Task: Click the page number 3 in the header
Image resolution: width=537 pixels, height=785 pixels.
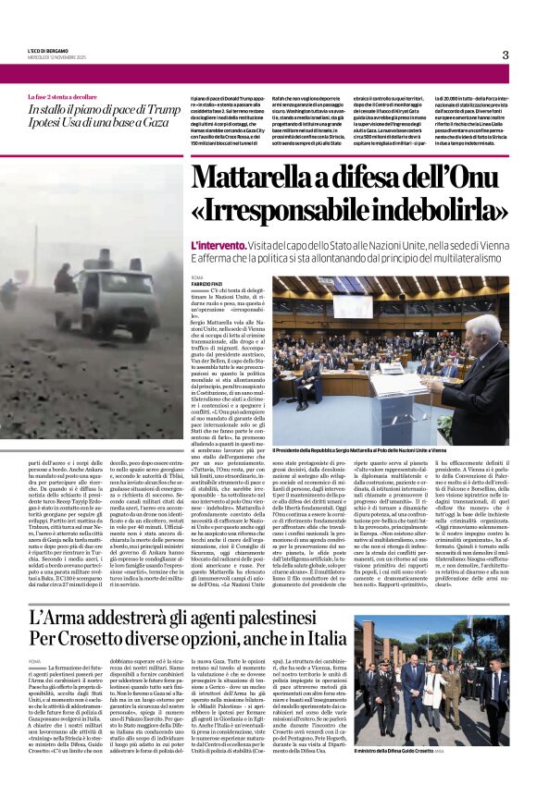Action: pyautogui.click(x=505, y=55)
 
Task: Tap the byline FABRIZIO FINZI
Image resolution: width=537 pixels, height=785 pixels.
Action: pyautogui.click(x=207, y=282)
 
